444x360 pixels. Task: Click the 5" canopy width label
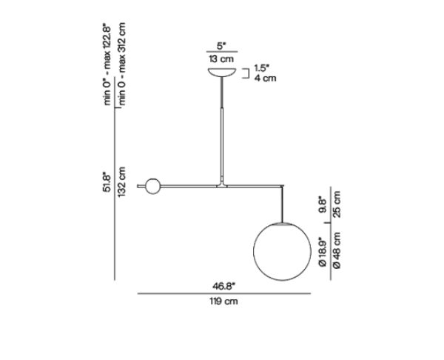(x=222, y=46)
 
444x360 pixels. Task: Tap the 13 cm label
(x=222, y=59)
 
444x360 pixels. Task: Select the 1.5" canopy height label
(x=262, y=68)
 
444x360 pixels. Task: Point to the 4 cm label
(x=265, y=78)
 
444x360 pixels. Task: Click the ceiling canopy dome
(x=222, y=73)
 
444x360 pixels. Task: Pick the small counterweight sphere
(x=153, y=186)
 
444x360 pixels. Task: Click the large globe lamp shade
(x=282, y=251)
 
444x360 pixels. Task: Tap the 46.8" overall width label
(x=224, y=287)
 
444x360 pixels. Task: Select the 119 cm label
(x=223, y=301)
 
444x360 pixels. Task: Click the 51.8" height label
(x=107, y=181)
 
